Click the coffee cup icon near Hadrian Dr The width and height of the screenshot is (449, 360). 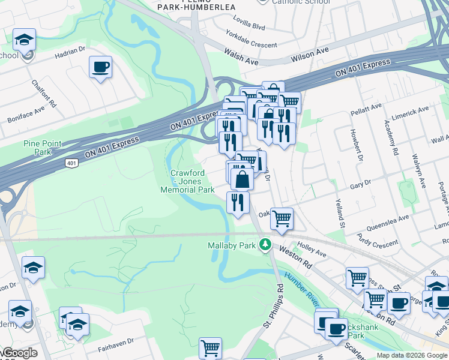100,67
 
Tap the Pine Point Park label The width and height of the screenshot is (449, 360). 38,148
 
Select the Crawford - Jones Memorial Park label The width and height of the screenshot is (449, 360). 187,181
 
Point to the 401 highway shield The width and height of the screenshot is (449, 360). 71,163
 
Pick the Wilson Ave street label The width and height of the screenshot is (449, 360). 310,55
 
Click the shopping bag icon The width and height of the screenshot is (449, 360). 242,179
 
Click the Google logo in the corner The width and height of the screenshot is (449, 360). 19,353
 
